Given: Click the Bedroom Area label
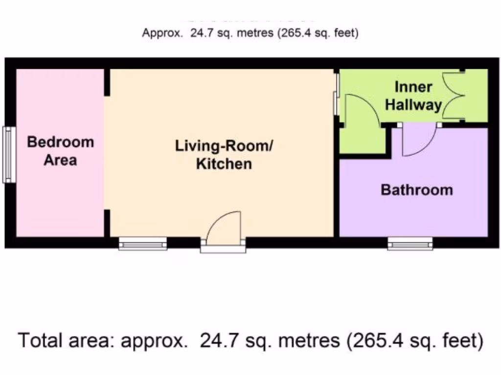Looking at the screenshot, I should tap(60, 151).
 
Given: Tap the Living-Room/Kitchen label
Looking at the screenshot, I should tap(224, 154).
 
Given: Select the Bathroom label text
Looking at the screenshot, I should tap(417, 189).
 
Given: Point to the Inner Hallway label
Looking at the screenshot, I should tap(413, 96).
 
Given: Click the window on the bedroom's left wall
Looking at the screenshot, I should tap(9, 155).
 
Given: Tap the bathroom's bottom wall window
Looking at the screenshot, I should tap(410, 243).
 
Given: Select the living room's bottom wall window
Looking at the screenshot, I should tap(143, 243).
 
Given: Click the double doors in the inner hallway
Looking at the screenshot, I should tap(453, 96).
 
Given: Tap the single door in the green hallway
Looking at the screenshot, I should tap(361, 110).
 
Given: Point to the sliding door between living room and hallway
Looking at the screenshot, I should tap(336, 94).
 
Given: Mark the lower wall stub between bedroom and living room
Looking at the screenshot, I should tap(107, 223).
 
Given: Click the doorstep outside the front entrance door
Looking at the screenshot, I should tap(223, 249).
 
